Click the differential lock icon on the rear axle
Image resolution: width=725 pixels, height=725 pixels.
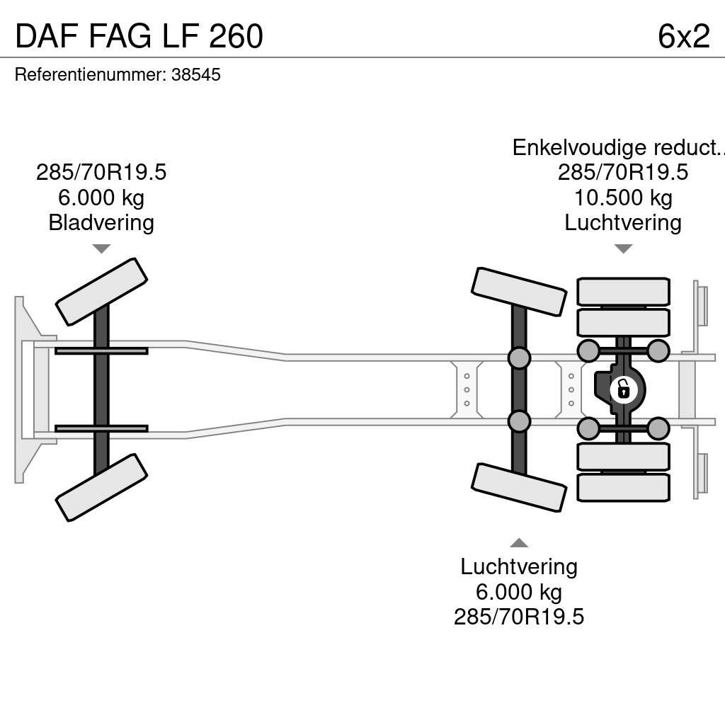pyautogui.click(x=623, y=389)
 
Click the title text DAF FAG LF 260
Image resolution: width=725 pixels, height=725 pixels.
pyautogui.click(x=139, y=37)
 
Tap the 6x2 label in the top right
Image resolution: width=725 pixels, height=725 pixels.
pyautogui.click(x=683, y=37)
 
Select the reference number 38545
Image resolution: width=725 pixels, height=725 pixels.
pyautogui.click(x=196, y=75)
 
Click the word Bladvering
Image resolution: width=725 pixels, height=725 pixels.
pyautogui.click(x=101, y=223)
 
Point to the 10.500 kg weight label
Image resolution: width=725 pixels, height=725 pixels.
pyautogui.click(x=623, y=198)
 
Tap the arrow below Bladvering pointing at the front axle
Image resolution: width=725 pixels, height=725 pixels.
pyautogui.click(x=101, y=249)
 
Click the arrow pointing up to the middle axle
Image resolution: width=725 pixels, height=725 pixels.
pyautogui.click(x=519, y=542)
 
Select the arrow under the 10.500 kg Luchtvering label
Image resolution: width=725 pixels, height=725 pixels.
pyautogui.click(x=623, y=249)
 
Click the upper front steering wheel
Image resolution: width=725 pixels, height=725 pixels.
pyautogui.click(x=101, y=291)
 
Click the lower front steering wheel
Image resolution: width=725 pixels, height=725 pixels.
pyautogui.click(x=101, y=487)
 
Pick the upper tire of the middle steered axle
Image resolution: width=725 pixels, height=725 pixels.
pyautogui.click(x=519, y=291)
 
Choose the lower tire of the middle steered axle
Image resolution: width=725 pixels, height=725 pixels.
pyautogui.click(x=519, y=487)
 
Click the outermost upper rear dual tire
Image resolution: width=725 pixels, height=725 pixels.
pyautogui.click(x=623, y=292)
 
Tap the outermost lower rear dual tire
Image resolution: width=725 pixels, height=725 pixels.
pyautogui.click(x=623, y=487)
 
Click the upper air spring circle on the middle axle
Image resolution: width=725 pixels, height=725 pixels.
pyautogui.click(x=519, y=358)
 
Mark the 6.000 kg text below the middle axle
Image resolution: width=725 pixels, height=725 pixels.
pyautogui.click(x=519, y=592)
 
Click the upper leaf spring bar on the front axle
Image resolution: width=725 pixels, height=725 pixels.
pyautogui.click(x=101, y=351)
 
